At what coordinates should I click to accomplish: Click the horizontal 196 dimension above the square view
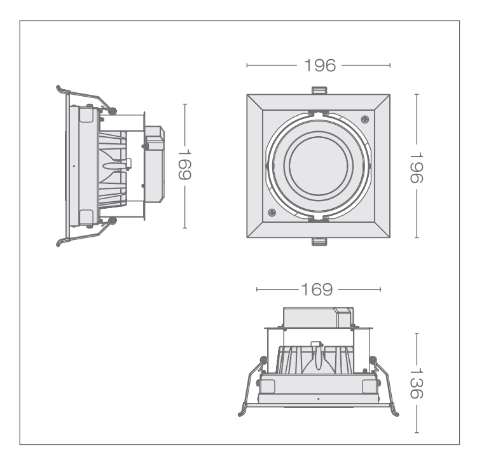coord(318,65)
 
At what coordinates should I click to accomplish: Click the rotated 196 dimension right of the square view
coord(416,167)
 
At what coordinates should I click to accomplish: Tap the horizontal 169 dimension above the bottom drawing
coord(318,290)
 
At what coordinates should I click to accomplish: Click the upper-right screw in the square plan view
coord(364,119)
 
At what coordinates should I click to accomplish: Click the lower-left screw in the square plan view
coord(272,213)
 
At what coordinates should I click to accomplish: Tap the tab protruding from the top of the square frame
coord(318,90)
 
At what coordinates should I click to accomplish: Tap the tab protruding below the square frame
coord(318,241)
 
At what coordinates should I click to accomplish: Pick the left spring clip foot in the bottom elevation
coord(242,414)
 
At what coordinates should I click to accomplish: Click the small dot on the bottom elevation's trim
coord(318,398)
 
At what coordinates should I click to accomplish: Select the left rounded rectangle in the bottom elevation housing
coord(267,386)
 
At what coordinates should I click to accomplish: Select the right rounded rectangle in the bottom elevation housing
coord(369,386)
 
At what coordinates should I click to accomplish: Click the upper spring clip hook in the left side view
coord(60,88)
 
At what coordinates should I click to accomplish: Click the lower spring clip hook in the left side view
coord(60,243)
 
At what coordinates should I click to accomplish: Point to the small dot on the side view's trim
coord(74,165)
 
